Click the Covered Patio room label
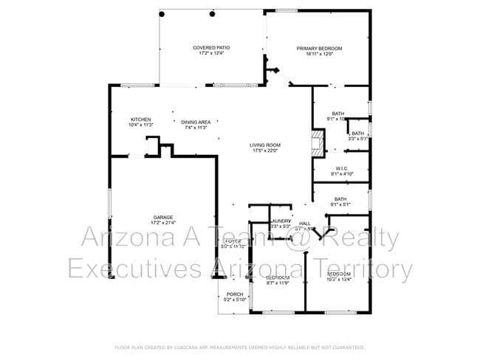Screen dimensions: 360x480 point(211,48)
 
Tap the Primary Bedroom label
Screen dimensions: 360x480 point(319,48)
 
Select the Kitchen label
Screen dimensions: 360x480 point(141,120)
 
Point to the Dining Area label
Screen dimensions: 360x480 point(196,122)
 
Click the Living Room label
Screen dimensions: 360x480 point(264,145)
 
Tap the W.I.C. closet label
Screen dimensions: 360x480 point(341,168)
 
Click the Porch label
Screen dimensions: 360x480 point(235,294)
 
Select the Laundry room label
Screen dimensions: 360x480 point(281,221)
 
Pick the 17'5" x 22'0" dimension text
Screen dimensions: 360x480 point(264,150)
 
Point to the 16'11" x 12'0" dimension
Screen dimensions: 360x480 point(319,54)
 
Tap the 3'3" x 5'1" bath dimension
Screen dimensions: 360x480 point(358,139)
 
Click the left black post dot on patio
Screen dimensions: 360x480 point(162,14)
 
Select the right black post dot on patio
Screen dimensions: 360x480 point(213,14)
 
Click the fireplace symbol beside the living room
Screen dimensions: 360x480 point(318,142)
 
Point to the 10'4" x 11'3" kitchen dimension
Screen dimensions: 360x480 point(141,125)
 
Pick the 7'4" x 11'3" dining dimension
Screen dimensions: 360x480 point(196,128)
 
